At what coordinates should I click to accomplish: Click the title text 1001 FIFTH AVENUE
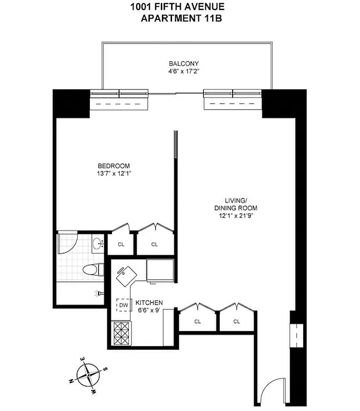click(177, 7)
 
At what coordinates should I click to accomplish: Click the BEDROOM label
click(114, 165)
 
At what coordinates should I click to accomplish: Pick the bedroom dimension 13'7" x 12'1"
click(114, 173)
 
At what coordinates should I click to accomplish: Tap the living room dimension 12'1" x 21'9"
click(236, 216)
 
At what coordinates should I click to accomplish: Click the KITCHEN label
click(149, 303)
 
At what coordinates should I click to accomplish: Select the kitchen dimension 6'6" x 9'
click(149, 310)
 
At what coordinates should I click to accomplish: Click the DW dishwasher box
click(123, 306)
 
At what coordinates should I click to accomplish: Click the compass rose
click(88, 373)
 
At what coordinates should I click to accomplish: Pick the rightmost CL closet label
click(237, 322)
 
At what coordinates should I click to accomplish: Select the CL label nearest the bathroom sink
click(121, 244)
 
